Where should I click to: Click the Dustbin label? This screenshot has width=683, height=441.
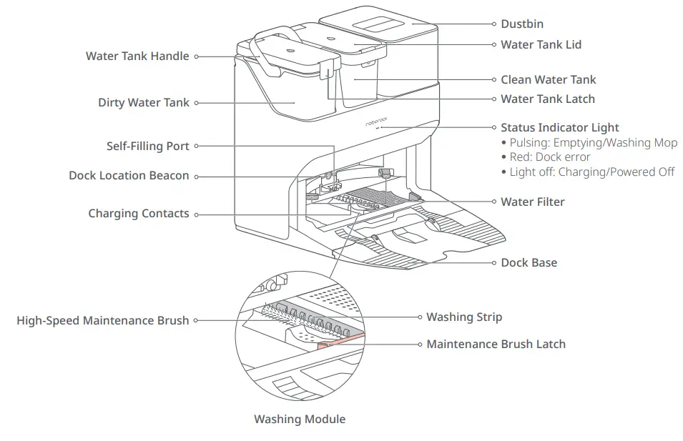coord(521,24)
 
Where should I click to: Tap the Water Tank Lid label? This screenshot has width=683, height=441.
coord(541,44)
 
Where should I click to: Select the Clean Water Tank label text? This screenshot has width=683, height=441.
coord(548,79)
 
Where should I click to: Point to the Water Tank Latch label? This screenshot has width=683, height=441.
coord(547,99)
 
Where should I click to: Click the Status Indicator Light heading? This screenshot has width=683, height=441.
coord(559,128)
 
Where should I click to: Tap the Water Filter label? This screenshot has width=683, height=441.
coord(532,202)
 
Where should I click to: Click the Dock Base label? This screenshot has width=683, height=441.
coord(529,262)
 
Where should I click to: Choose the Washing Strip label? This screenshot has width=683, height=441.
coord(464,317)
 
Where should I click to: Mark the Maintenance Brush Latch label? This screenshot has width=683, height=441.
coord(496,344)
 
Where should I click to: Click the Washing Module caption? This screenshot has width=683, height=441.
coord(299,419)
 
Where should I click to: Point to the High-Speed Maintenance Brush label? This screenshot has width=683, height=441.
coord(103,321)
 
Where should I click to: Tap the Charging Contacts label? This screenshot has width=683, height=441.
coord(139,214)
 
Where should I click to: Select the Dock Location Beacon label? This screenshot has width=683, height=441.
coord(129,176)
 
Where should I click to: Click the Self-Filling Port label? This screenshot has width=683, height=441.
coord(148,146)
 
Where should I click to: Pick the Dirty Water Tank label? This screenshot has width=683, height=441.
coord(144,103)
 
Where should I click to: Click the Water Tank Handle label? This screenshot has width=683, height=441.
coord(137,56)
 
